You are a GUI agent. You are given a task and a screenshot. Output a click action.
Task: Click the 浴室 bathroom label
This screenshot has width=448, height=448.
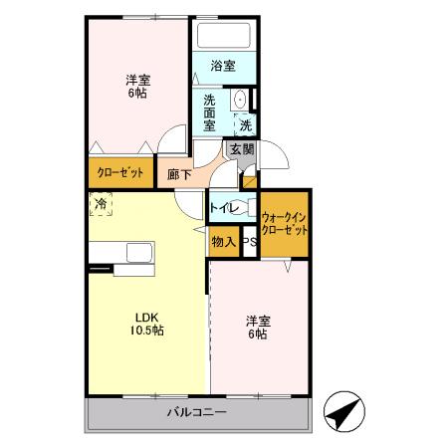click(223, 67)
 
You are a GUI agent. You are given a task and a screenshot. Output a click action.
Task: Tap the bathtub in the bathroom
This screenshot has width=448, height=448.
click(223, 36)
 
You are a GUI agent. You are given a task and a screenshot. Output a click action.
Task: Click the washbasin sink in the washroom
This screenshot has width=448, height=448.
click(239, 101)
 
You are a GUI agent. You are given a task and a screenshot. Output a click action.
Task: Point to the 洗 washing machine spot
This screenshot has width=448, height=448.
click(245, 125)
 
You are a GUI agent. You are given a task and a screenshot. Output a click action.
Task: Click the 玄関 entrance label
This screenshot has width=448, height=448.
click(241, 150)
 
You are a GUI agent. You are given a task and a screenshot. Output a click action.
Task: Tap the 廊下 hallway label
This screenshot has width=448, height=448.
click(180, 171)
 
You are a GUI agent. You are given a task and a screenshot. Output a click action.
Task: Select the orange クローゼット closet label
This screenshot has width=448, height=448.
click(120, 172)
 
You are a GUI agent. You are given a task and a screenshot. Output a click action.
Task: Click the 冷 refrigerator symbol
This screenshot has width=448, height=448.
click(101, 204)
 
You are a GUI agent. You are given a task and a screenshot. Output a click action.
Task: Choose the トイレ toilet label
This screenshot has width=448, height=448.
click(222, 210)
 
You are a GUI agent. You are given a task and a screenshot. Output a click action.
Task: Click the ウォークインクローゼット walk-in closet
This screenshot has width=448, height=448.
click(284, 222)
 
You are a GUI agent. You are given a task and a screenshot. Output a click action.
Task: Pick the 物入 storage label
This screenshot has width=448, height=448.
click(223, 242)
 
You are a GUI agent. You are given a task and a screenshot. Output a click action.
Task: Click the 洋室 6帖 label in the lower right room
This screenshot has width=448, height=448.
click(258, 328)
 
